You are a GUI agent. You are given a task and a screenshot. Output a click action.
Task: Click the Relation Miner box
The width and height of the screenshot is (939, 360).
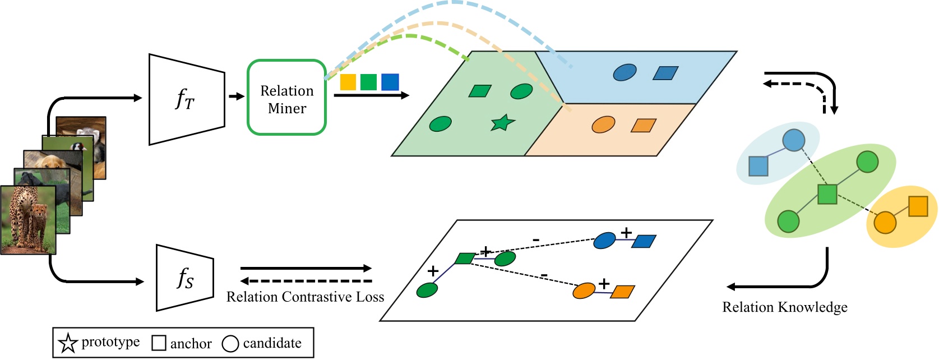286,98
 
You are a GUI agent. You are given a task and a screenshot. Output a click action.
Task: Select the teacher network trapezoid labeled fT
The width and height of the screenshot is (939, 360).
186,100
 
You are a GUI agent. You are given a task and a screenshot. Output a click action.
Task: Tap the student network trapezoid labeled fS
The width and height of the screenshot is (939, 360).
185,278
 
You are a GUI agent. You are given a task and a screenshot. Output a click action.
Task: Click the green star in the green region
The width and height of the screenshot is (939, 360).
502,123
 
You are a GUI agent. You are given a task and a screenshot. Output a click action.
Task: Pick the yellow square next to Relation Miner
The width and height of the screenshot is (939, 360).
348,82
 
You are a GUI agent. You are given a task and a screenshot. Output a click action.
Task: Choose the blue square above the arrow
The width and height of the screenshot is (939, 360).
390,82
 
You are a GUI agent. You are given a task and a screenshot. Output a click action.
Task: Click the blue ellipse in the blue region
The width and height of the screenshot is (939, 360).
625,72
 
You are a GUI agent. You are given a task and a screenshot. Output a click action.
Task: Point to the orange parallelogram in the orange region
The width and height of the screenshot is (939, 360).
644,126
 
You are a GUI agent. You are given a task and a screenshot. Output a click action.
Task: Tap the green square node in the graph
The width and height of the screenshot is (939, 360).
827,194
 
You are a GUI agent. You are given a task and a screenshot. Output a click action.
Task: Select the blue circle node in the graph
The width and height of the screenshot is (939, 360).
793,140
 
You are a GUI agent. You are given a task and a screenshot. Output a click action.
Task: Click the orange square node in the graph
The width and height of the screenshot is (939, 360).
918,206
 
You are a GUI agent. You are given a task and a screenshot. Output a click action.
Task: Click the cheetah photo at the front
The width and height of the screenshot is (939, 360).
28,220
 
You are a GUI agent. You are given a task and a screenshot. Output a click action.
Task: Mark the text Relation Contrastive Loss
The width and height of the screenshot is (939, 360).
305,297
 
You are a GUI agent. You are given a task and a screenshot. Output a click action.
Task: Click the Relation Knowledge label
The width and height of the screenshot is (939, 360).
784,307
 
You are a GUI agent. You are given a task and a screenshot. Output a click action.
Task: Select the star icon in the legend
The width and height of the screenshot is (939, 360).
68,343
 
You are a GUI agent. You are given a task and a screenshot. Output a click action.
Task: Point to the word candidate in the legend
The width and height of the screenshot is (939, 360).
272,343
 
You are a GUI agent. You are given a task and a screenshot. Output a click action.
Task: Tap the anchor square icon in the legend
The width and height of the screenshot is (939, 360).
159,343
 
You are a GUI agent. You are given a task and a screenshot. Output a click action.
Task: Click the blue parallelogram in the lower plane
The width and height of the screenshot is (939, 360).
644,241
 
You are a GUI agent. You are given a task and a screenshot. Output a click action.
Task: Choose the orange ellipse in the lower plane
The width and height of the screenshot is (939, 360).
584,290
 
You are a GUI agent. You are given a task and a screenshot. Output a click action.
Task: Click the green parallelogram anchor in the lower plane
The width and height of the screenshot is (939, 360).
465,258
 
